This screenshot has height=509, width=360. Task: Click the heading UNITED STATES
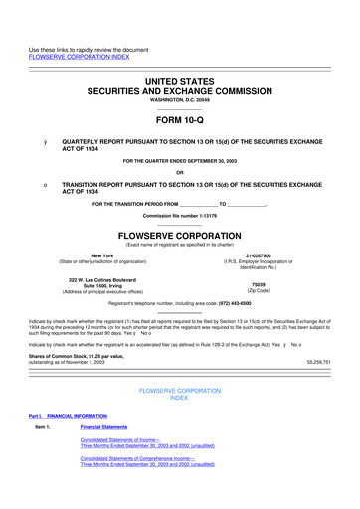(x=180, y=65)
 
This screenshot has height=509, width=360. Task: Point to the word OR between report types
(x=180, y=173)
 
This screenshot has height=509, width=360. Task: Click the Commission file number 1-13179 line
(x=180, y=215)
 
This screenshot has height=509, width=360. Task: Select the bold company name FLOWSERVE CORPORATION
(x=180, y=238)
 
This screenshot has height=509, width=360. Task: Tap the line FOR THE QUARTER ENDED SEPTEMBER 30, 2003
(x=180, y=160)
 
